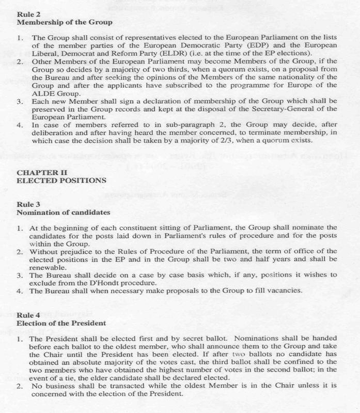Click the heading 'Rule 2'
tap(29, 14)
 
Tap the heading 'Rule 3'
tap(29, 204)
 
